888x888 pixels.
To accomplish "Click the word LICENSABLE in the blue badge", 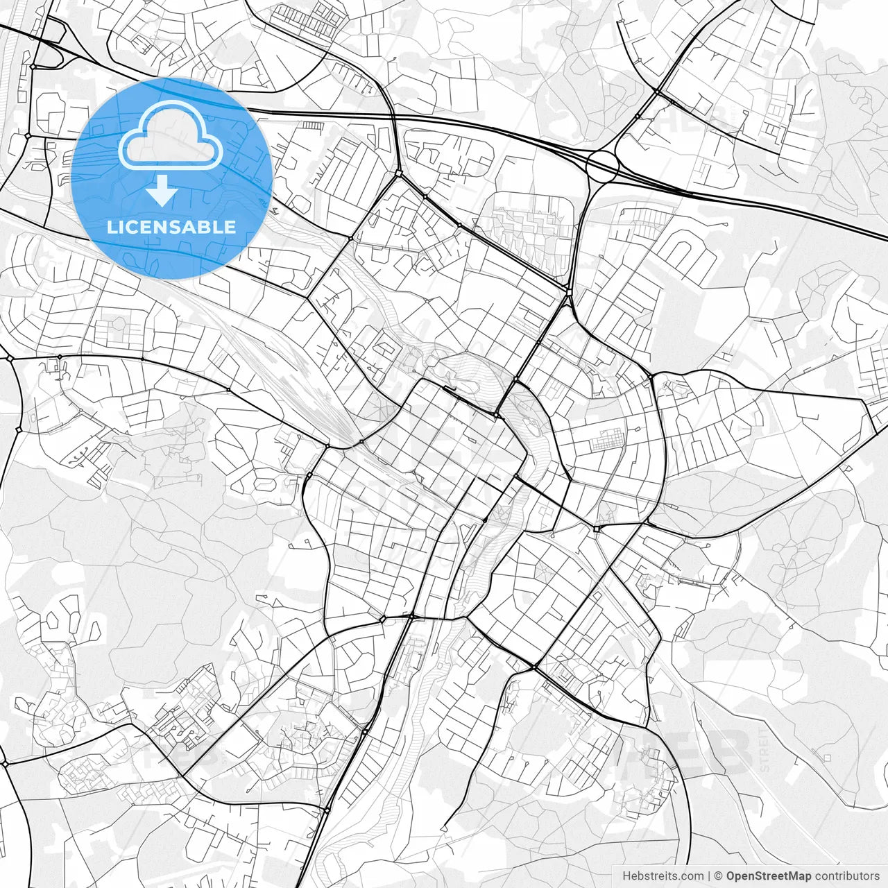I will pyautogui.click(x=171, y=227).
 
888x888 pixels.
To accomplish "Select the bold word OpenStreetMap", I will pyautogui.click(x=769, y=876).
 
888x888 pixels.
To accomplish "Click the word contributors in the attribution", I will pyautogui.click(x=847, y=876).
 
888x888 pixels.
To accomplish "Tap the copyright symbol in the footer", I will pyautogui.click(x=719, y=876).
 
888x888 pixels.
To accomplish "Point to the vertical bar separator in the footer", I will pyautogui.click(x=709, y=876).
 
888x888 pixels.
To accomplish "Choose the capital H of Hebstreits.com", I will pyautogui.click(x=626, y=876).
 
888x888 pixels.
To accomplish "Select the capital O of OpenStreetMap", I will pyautogui.click(x=731, y=876).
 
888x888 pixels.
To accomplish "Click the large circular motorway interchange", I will pyautogui.click(x=602, y=166).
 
